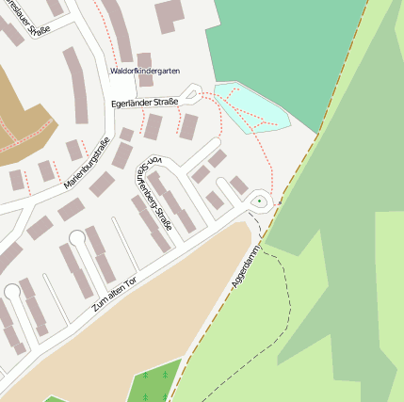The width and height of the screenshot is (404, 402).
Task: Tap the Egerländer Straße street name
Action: click(x=145, y=102)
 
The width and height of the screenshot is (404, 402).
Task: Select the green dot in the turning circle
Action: click(x=259, y=201)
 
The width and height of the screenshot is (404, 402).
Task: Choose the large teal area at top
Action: click(x=283, y=47)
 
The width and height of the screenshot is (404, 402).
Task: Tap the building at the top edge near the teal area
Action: click(x=170, y=14)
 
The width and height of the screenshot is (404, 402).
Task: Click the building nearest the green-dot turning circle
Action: click(x=238, y=185)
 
